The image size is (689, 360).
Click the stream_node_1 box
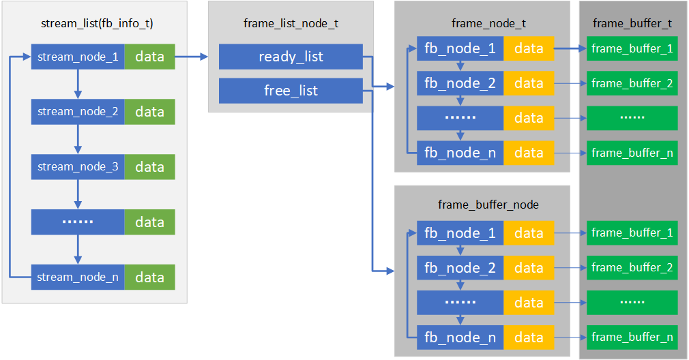pyautogui.click(x=78, y=57)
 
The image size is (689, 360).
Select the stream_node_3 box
pyautogui.click(x=78, y=167)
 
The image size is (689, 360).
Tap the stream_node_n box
pyautogui.click(x=78, y=277)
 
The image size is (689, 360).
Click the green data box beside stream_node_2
pyautogui.click(x=149, y=112)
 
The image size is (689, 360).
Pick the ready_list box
pyautogui.click(x=291, y=57)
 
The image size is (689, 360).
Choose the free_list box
pyautogui.click(x=291, y=91)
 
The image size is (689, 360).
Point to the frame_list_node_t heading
pyautogui.click(x=291, y=24)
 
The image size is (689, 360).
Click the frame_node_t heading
pyautogui.click(x=488, y=24)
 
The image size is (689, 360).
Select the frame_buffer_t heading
pyautogui.click(x=632, y=24)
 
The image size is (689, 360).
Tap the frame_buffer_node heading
pyautogui.click(x=488, y=205)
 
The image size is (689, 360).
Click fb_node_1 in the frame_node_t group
pyautogui.click(x=460, y=48)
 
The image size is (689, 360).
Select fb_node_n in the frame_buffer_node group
pyautogui.click(x=460, y=337)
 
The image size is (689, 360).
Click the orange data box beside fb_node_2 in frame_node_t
pyautogui.click(x=529, y=83)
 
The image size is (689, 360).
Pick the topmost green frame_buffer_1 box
pyautogui.click(x=632, y=48)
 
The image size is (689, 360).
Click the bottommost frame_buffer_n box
pyautogui.click(x=632, y=337)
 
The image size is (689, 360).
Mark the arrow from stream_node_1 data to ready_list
pyautogui.click(x=191, y=57)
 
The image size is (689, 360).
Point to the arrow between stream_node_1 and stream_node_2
pyautogui.click(x=78, y=84)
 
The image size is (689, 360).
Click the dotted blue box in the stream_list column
pyautogui.click(x=78, y=222)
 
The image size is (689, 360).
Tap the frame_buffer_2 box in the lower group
pyautogui.click(x=632, y=267)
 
